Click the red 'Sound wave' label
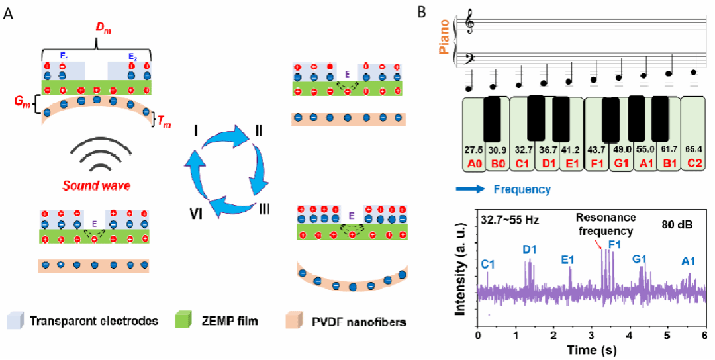[97, 186]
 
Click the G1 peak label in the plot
[639, 258]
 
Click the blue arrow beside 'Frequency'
[472, 189]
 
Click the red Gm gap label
[22, 104]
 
